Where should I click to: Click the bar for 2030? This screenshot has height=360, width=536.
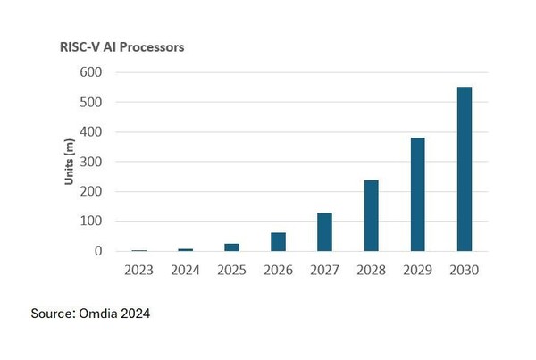click(x=465, y=169)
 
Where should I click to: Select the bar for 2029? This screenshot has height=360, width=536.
click(x=418, y=194)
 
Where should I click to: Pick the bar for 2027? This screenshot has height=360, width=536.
click(x=324, y=231)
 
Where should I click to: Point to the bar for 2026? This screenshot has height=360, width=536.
click(x=278, y=241)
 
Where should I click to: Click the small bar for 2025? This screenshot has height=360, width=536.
click(x=231, y=247)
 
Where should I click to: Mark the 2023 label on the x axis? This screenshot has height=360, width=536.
click(x=138, y=270)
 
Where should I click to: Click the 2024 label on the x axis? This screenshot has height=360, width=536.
click(x=185, y=270)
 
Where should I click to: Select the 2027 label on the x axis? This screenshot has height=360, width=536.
click(x=324, y=270)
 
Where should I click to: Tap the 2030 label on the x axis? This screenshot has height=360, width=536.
click(x=465, y=270)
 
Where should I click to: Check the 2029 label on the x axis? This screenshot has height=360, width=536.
click(x=418, y=270)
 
